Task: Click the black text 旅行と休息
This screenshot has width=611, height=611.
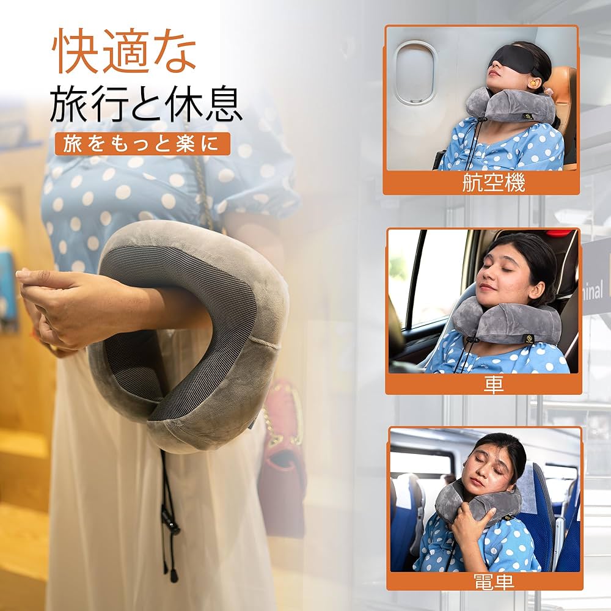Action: click(x=146, y=104)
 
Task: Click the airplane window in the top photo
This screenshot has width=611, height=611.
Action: click(x=415, y=73)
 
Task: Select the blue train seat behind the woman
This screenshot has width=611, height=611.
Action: click(x=541, y=513)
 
